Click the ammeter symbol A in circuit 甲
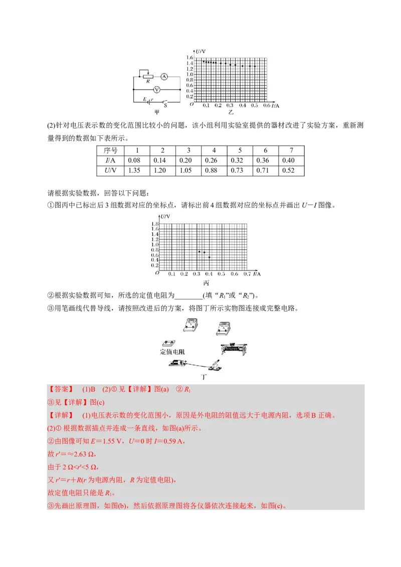pyautogui.click(x=163, y=77)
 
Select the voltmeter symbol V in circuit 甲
pyautogui.click(x=156, y=90)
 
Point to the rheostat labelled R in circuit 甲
pyautogui.click(x=147, y=77)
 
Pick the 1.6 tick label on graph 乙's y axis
pyautogui.click(x=189, y=58)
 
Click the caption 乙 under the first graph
pyautogui.click(x=231, y=113)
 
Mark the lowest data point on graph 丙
pyautogui.click(x=209, y=257)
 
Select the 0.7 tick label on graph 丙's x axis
pyautogui.click(x=247, y=274)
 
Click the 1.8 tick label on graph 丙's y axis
pyautogui.click(x=155, y=224)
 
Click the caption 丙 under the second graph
pyautogui.click(x=206, y=283)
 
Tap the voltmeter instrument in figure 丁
pyautogui.click(x=188, y=325)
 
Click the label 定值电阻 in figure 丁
pyautogui.click(x=172, y=352)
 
